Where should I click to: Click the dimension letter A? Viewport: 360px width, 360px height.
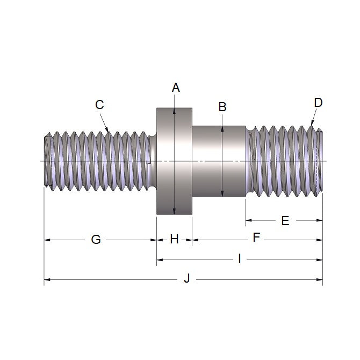tap(175, 88)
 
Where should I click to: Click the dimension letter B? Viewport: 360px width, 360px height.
tap(222, 107)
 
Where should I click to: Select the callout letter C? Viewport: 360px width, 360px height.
tap(99, 105)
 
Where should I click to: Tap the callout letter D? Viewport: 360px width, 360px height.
tap(318, 103)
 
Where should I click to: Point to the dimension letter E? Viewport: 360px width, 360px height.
tap(285, 221)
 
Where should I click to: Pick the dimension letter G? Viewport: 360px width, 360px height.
tap(96, 240)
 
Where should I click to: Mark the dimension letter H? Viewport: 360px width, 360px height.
tap(174, 240)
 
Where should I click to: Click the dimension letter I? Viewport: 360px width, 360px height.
tap(239, 260)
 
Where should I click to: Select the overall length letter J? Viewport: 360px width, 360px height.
tap(186, 279)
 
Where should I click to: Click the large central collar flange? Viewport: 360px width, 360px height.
tap(175, 161)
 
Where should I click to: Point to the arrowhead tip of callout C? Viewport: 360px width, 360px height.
tap(109, 131)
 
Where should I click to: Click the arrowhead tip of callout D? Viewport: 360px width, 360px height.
tap(312, 127)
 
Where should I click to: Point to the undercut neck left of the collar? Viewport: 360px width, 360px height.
tap(153, 161)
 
